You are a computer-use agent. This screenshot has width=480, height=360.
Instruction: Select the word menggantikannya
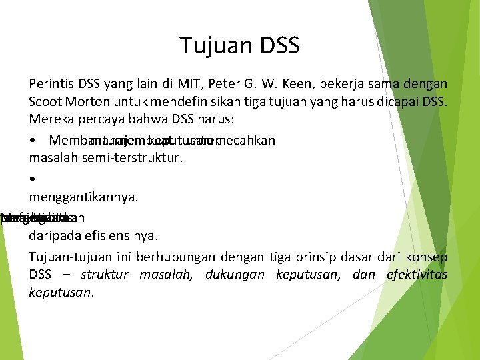point(83,197)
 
